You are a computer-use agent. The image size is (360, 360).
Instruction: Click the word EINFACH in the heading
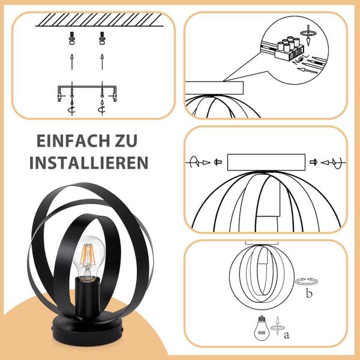73,141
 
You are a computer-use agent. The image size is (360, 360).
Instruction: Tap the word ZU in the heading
125,141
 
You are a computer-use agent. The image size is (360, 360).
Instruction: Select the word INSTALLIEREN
89,163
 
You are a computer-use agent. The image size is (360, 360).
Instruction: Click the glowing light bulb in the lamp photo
89,258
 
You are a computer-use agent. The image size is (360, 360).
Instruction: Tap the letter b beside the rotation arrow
309,293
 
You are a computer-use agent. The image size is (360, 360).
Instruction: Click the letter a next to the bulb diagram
287,335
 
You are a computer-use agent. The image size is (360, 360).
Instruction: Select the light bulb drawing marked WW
262,328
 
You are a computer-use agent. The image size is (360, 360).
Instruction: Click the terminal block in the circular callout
289,49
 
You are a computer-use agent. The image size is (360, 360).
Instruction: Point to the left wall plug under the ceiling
72,38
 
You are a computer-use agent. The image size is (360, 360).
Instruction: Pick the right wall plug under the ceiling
103,38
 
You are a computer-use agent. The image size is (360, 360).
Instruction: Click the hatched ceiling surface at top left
99,20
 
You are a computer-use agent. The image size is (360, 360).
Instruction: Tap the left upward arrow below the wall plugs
72,62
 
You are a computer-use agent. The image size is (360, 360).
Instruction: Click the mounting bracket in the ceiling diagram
87,93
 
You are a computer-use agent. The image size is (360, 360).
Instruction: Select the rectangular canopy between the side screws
266,163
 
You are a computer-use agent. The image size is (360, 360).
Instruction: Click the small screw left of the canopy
218,163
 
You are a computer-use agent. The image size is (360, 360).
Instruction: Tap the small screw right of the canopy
313,163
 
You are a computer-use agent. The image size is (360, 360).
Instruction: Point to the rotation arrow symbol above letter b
307,281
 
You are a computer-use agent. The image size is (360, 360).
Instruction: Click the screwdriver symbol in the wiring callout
308,34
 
